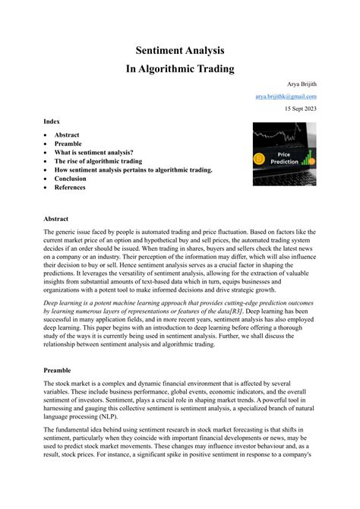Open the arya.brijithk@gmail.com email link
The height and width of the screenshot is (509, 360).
point(286,97)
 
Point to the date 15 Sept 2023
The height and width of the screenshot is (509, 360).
point(301,109)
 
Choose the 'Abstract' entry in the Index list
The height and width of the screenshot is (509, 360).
point(66,134)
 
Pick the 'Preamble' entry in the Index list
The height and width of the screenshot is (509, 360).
point(68,144)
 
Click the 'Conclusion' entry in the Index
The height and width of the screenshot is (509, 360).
point(71,179)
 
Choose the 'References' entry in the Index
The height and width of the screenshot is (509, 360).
point(71,188)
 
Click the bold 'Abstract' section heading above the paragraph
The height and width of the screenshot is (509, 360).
point(56,217)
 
